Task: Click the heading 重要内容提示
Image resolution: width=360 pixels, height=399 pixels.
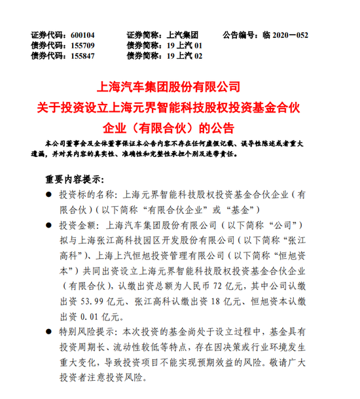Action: [75, 179]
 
